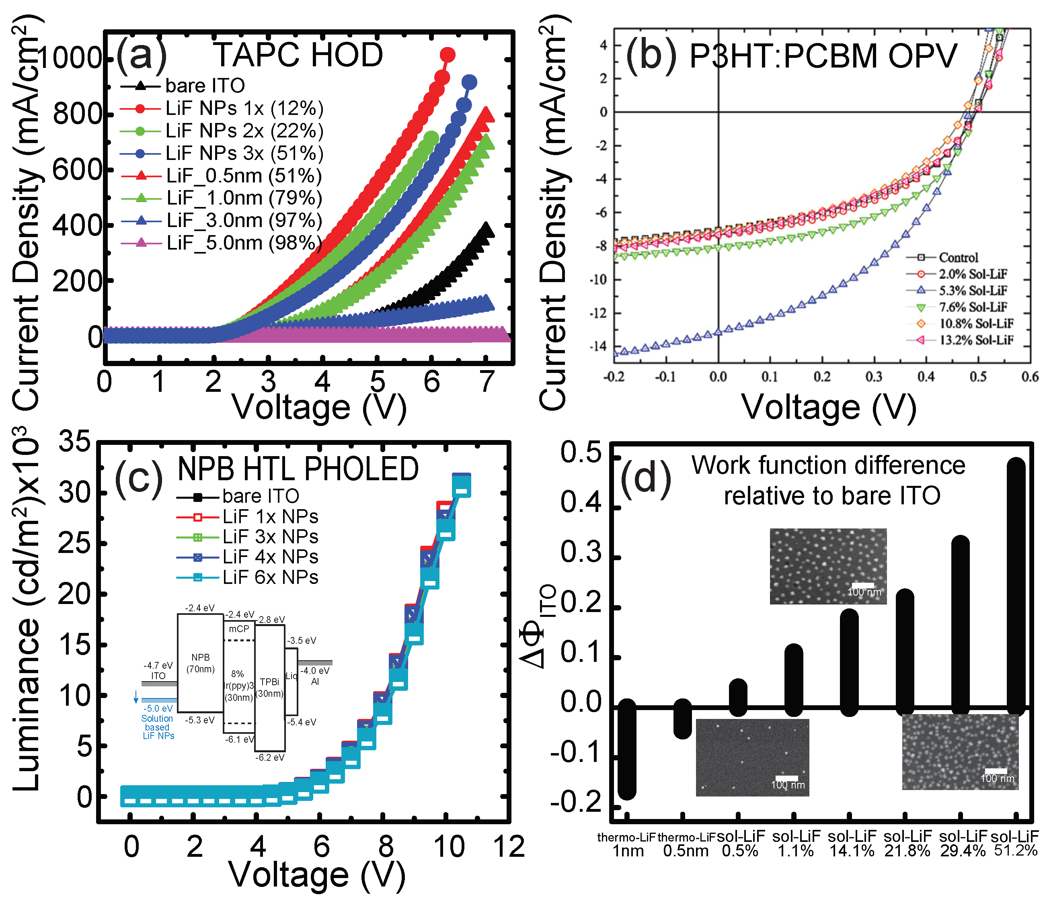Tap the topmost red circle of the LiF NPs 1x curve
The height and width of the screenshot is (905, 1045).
(x=447, y=55)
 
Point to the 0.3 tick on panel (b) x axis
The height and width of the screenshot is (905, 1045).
(x=874, y=377)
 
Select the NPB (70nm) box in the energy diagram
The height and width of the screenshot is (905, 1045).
(x=201, y=663)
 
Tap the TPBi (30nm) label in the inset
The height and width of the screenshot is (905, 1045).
(x=269, y=687)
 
